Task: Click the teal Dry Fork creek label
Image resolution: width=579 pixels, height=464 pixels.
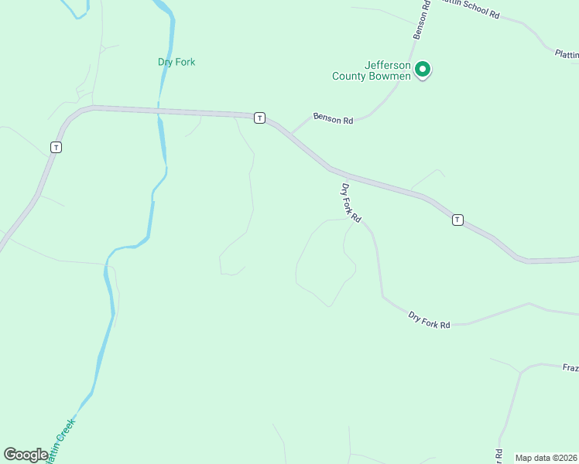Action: pos(176,62)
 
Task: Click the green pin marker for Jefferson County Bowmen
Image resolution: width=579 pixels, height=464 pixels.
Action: pos(423,70)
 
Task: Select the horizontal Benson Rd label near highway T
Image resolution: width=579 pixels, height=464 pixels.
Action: pos(333,118)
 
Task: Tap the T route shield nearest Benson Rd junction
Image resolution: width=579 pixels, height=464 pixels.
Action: pos(260,118)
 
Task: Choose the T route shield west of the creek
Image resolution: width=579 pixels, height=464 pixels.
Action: pos(56,146)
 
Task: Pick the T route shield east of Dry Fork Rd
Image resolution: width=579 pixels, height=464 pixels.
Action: pos(457,220)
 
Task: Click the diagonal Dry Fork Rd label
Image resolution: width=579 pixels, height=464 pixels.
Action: pos(351,203)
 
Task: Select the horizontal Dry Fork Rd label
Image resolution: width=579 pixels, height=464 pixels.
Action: pos(429,320)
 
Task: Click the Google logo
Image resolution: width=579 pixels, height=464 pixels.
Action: pos(26,455)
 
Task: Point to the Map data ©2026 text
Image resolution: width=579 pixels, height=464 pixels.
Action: pos(546,458)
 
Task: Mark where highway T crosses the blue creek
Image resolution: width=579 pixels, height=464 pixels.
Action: pos(159,113)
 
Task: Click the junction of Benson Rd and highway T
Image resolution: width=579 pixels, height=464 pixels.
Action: pos(291,134)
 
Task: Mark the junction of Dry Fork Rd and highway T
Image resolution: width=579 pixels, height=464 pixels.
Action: pos(332,167)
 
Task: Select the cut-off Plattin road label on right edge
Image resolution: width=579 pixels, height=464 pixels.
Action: pos(567,54)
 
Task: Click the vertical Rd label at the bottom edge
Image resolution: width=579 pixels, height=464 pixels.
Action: pos(499,456)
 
